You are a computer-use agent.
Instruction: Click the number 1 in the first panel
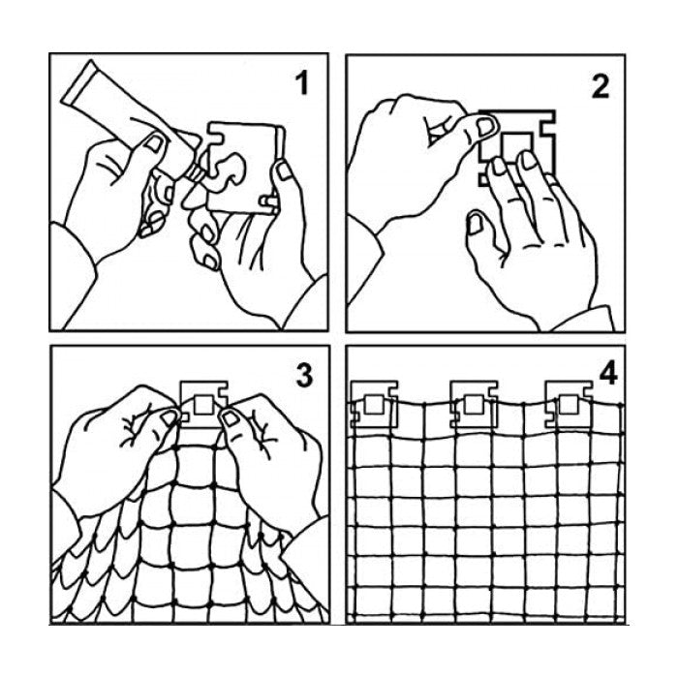click(301, 83)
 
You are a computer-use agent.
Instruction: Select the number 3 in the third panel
click(304, 376)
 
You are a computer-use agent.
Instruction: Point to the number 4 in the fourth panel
click(608, 373)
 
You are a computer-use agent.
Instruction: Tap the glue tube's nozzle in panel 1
click(196, 172)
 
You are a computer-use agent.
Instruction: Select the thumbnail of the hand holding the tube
click(154, 142)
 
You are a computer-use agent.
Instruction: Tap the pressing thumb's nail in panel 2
click(485, 127)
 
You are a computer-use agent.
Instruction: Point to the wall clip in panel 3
click(204, 404)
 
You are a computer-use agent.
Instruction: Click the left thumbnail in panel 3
click(169, 417)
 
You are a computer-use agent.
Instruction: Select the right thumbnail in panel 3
click(231, 417)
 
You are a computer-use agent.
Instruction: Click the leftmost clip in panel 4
click(375, 404)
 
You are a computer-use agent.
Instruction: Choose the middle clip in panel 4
click(474, 404)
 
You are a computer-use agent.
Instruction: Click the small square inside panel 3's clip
click(203, 405)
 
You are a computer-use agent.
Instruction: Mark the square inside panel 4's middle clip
click(474, 405)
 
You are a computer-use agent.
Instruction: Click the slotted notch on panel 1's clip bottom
click(268, 201)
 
